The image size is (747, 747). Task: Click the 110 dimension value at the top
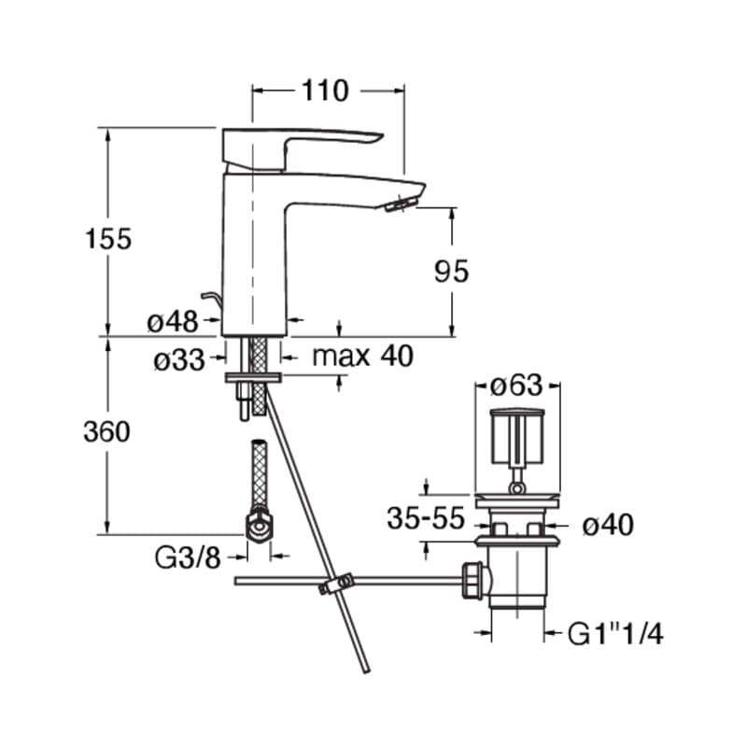coord(325,91)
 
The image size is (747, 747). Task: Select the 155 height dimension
coord(108,239)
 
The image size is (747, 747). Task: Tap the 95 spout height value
coord(451,271)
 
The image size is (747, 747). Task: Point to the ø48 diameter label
coord(173,321)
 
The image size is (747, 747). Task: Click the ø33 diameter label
coord(179,360)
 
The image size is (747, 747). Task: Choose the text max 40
coord(362,356)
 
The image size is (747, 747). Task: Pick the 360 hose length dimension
coord(106,432)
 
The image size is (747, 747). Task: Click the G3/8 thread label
coord(188,557)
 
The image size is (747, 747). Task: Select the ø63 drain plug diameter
coord(516,385)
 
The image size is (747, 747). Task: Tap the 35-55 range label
coord(426,518)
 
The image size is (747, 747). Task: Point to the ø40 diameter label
coord(608,525)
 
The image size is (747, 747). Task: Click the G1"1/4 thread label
coord(615,634)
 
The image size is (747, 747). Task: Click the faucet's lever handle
coord(302,148)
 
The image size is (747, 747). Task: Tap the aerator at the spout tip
coord(401,204)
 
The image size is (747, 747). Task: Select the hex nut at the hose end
coord(259,525)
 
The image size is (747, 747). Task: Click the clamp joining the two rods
coord(336,585)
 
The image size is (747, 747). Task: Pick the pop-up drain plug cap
coord(517,436)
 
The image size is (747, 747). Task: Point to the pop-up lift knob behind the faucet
coord(211,301)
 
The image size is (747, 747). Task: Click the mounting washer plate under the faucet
coord(253,378)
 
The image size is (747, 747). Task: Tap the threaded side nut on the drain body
coord(473,580)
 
